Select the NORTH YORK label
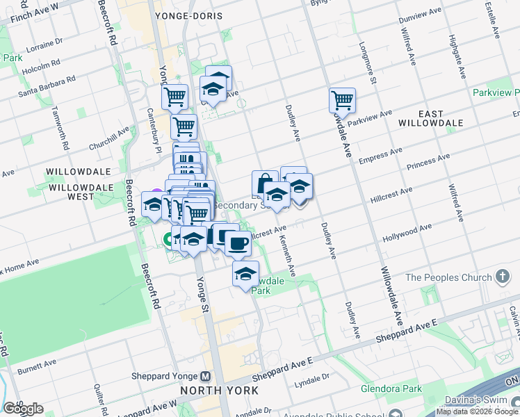point(220,390)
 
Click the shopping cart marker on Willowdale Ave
point(342,100)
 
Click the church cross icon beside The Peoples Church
point(503,277)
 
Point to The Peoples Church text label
point(448,277)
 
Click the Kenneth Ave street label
point(288,256)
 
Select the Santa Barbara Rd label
point(47,87)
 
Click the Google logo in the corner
point(23,409)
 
